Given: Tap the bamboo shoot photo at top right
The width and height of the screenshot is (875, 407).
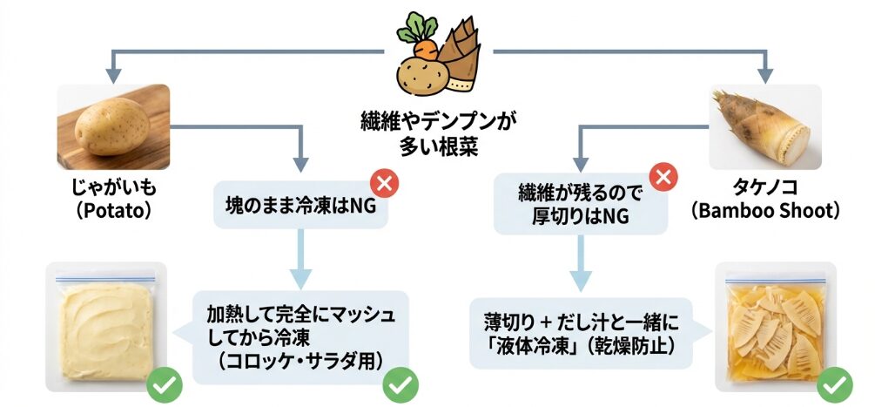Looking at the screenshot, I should [x=764, y=127].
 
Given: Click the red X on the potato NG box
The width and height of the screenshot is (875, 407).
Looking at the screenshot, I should [x=383, y=184].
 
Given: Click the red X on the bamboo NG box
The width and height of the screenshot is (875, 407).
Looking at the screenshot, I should [x=663, y=178].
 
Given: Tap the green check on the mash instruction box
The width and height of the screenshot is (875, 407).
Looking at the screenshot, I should [x=401, y=383].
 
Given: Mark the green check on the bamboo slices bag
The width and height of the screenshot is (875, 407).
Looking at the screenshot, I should [x=834, y=383].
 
